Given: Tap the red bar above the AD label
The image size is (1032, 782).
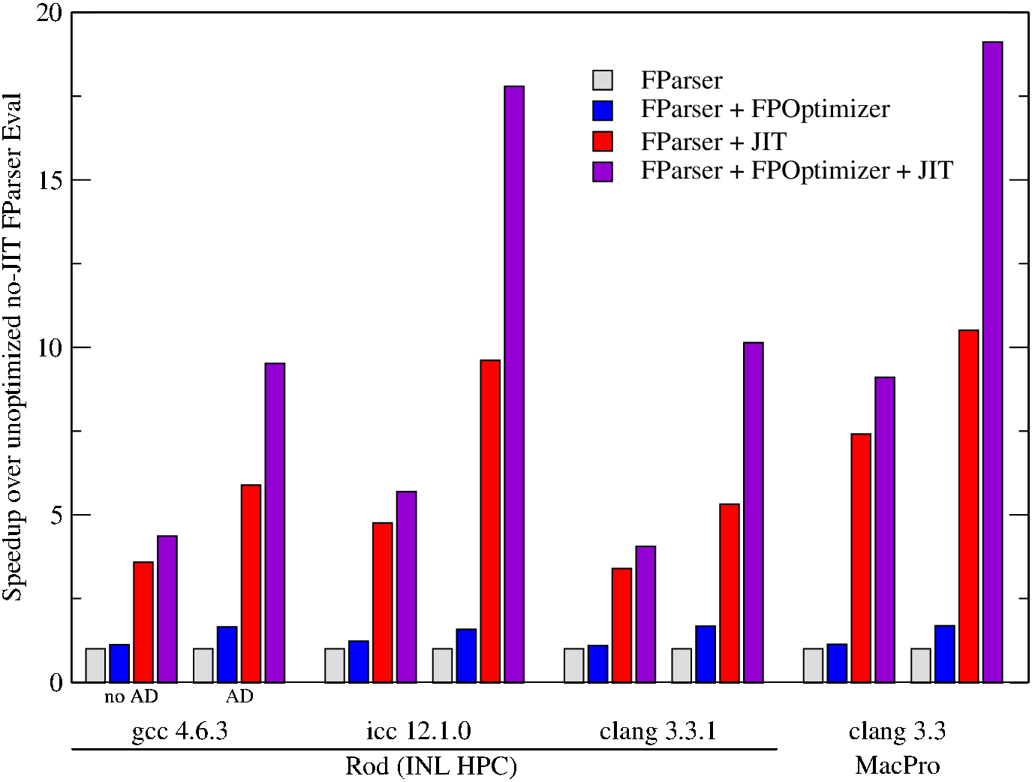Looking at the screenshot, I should (251, 583).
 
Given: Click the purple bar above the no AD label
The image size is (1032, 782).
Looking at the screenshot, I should (167, 609).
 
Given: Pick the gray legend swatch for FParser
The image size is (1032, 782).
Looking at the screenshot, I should (603, 80).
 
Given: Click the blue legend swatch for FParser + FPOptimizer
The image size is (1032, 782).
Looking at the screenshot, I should (603, 110).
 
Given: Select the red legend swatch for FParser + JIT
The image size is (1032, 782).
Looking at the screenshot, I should (603, 141).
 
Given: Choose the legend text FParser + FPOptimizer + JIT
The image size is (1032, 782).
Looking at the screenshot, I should (796, 171).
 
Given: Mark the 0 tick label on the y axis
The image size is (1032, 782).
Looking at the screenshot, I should (56, 683).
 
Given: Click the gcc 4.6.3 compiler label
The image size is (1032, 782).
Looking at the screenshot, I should (179, 731).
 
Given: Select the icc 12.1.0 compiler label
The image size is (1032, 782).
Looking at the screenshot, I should (419, 731).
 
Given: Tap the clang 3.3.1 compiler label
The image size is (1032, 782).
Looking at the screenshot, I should (657, 731).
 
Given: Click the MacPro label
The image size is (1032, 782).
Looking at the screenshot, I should (897, 765).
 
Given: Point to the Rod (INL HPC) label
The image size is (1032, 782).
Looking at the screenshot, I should (431, 766).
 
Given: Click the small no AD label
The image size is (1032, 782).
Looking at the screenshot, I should (131, 696).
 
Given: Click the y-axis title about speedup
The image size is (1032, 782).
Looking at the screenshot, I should (13, 347).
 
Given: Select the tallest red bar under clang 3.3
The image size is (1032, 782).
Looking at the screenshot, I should (968, 506).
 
